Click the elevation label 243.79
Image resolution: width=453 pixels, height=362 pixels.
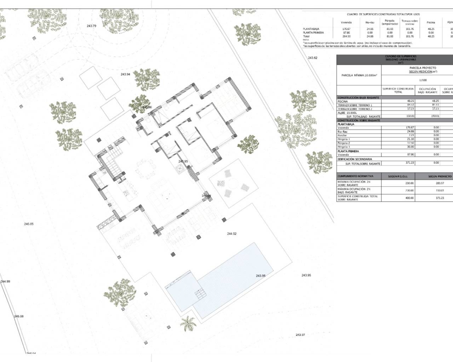[91, 26]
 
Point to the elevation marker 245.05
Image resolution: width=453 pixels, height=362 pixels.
[29, 224]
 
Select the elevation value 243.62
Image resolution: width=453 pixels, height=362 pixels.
[312, 58]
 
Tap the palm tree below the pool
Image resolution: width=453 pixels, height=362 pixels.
[188, 323]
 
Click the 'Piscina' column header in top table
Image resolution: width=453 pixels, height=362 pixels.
[431, 22]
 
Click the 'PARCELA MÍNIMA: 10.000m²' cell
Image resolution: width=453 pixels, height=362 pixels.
[359, 75]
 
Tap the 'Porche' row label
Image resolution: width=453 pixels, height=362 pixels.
[342, 135]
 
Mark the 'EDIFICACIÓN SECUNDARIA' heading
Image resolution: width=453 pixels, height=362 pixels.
[355, 159]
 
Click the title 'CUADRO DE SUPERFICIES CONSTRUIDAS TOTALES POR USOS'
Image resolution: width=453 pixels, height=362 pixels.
[383, 14]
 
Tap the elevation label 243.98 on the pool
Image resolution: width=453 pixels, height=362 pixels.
[260, 276]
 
